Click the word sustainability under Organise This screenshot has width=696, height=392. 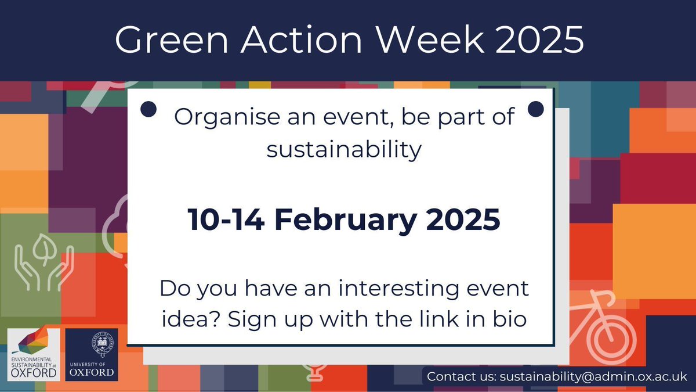coord(343,150)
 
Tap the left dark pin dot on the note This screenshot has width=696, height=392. coord(149,108)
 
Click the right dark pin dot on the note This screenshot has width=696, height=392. coord(535,108)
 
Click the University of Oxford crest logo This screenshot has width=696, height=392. coord(92,354)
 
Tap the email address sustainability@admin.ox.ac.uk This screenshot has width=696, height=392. coord(592,376)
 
